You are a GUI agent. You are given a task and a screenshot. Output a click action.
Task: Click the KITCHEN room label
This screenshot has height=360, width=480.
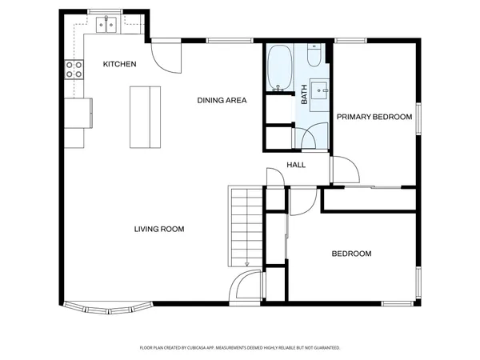[119, 64]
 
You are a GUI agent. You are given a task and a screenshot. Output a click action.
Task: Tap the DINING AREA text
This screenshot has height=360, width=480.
[222, 100]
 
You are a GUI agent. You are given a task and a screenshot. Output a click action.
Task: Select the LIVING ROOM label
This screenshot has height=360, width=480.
[159, 229]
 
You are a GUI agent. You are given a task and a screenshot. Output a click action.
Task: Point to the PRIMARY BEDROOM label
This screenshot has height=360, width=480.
[374, 117]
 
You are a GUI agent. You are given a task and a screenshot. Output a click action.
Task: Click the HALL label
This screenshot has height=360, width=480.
[296, 166]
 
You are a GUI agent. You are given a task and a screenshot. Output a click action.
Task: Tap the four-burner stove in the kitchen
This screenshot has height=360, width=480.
[74, 70]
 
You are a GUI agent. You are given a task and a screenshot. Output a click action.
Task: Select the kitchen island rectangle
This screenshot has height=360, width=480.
[145, 117]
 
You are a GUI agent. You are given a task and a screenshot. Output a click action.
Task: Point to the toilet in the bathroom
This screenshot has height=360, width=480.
[313, 58]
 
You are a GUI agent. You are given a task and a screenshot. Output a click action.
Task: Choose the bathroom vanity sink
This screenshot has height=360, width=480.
[322, 89]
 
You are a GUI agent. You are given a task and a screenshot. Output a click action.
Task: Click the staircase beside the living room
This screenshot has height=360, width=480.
[246, 226]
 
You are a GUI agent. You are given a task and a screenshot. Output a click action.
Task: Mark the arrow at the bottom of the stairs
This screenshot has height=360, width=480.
[247, 262]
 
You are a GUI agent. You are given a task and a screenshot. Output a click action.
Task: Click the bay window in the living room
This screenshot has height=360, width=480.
[105, 307]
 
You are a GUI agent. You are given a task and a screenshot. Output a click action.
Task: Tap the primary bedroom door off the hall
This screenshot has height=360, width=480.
[345, 170]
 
